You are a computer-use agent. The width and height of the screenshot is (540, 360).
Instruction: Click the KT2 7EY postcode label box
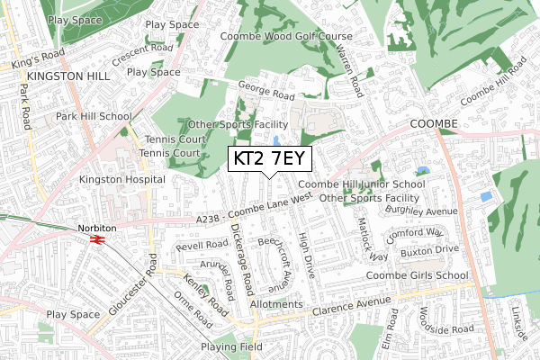pyautogui.click(x=270, y=159)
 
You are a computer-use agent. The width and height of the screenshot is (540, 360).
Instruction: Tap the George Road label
pyautogui.click(x=266, y=93)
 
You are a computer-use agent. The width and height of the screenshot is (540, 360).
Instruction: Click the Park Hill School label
pyautogui.click(x=93, y=117)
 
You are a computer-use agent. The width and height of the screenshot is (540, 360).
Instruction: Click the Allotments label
pyautogui.click(x=276, y=305)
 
